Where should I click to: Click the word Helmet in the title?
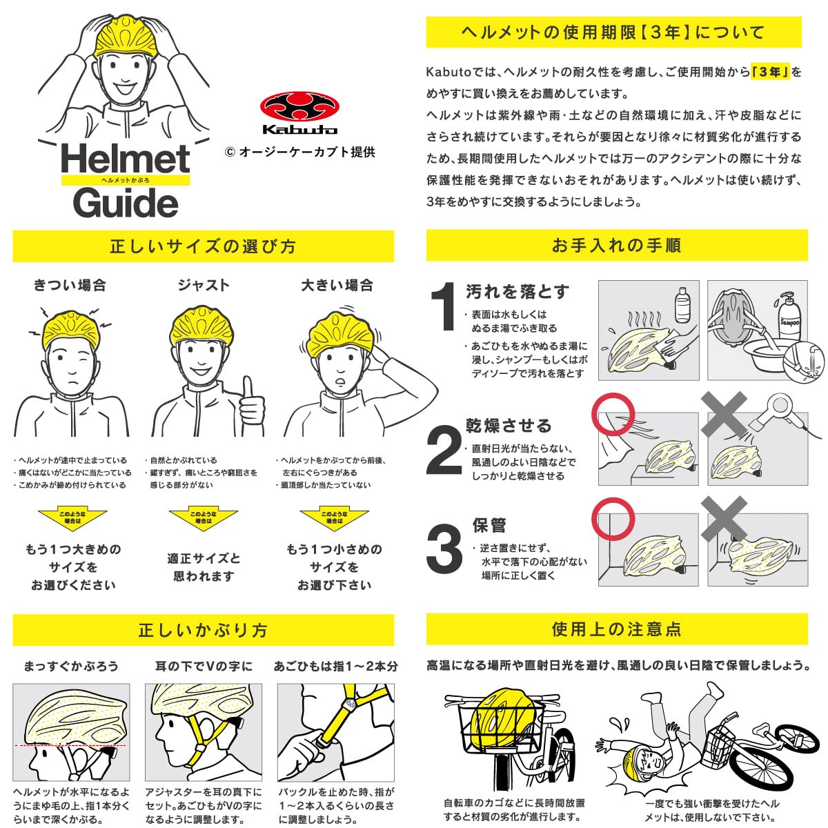click(125, 158)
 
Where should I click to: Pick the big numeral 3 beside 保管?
click(444, 548)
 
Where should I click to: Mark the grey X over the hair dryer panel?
click(724, 414)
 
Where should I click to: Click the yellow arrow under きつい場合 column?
click(72, 520)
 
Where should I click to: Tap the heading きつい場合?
click(70, 285)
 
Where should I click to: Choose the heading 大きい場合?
click(337, 285)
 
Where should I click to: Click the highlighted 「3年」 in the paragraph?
click(771, 71)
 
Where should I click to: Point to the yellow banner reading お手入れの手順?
click(617, 245)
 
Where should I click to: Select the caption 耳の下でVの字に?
click(204, 666)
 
